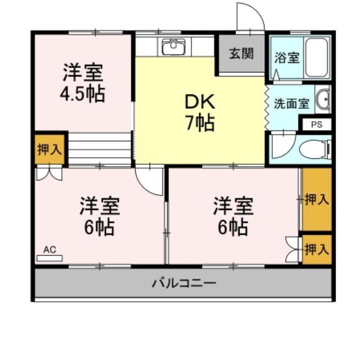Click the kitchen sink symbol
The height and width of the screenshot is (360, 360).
(x=173, y=47)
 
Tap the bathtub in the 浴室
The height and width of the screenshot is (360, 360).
(x=317, y=58)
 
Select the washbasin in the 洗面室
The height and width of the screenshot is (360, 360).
(x=323, y=99)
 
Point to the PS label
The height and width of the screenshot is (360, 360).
(x=317, y=125)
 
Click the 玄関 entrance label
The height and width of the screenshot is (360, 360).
(x=242, y=54)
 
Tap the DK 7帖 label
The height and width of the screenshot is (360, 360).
(x=200, y=112)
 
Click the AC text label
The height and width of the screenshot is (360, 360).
(x=50, y=250)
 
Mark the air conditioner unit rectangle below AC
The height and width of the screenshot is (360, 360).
(x=50, y=258)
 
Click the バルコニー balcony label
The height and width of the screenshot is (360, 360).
(x=184, y=283)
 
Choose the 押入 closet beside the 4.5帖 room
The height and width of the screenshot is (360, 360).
(x=50, y=149)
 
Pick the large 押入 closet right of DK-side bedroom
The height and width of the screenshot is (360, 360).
(x=317, y=199)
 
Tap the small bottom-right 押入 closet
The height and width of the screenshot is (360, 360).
(x=317, y=249)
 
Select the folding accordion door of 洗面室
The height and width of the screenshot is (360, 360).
(x=267, y=108)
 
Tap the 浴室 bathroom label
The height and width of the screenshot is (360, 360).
(x=287, y=58)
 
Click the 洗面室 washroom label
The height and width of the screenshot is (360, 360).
(x=292, y=104)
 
